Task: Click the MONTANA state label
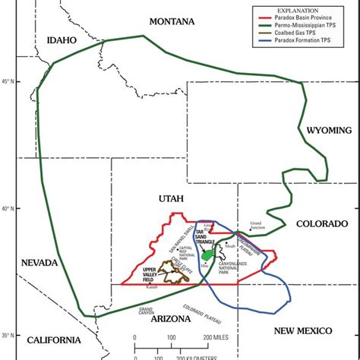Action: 172,20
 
